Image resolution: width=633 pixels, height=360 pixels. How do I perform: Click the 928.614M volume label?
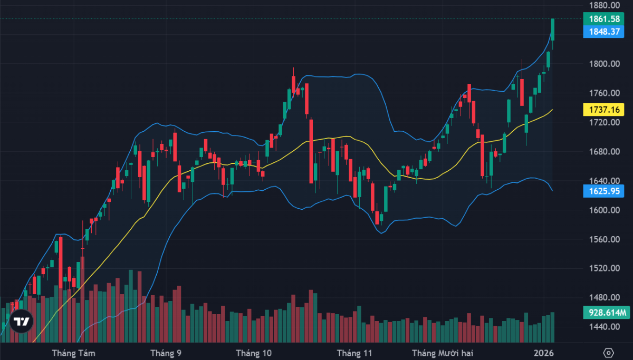(607, 313)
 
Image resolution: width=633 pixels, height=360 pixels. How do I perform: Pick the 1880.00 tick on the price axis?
(605, 6)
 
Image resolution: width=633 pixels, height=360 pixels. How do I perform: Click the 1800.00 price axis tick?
(605, 64)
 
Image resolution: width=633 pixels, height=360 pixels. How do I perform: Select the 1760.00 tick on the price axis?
(605, 93)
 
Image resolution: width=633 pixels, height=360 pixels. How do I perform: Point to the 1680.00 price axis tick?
(605, 152)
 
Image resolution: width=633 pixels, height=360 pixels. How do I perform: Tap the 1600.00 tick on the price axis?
(605, 210)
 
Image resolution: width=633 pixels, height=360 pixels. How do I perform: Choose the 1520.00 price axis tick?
(605, 268)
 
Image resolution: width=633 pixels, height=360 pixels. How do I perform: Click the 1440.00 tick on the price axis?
(605, 327)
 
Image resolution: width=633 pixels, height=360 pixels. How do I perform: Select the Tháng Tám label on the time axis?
(73, 353)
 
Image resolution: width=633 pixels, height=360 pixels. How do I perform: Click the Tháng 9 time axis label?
(166, 353)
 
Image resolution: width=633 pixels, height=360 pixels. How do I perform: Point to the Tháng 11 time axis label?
(354, 353)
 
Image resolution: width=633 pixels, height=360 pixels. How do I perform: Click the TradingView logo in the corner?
(21, 322)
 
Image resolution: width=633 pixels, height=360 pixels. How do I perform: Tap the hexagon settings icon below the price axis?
(608, 353)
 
